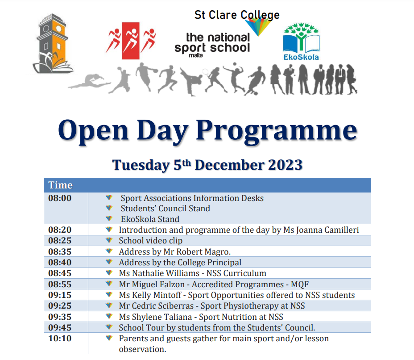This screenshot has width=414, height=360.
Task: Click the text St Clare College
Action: point(237,15)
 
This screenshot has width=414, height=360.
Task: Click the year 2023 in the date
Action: point(285,165)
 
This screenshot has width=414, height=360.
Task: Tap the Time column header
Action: point(60,185)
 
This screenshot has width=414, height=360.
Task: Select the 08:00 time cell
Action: point(60,198)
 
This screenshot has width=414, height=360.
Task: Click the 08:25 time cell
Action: point(60,241)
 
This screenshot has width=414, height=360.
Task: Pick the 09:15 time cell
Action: point(60,295)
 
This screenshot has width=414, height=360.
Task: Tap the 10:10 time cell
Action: point(60,339)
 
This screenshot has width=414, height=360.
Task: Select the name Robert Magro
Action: point(203,252)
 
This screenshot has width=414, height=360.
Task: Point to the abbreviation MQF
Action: point(299,285)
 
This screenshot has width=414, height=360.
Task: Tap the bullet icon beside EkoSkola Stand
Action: point(108,219)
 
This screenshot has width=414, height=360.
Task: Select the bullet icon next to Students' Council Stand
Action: point(108,208)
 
